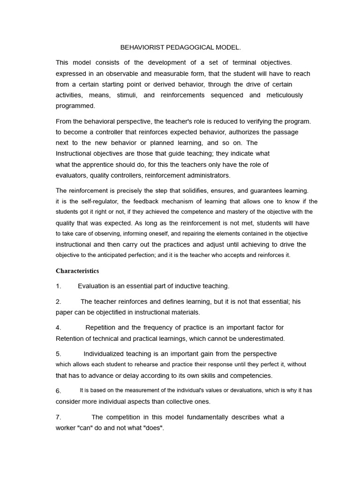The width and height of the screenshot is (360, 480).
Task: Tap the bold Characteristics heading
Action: coord(77,271)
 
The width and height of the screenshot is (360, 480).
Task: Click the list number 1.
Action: coord(58,286)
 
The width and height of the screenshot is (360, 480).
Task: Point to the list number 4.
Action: coord(58,328)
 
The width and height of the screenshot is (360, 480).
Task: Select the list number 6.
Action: coord(58,390)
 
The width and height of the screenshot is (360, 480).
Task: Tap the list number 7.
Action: coord(58,417)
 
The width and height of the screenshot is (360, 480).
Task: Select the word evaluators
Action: coord(71,175)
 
